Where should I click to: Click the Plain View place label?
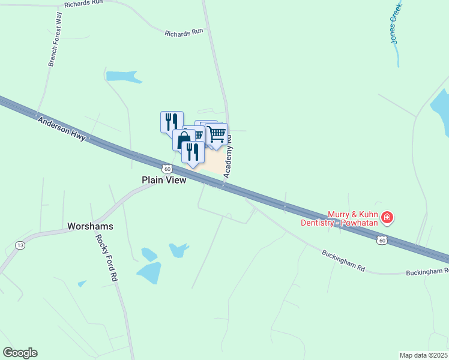tap(164, 179)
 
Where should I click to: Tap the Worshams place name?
tap(91, 227)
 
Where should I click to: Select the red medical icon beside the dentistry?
tap(387, 217)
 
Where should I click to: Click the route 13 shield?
tap(20, 245)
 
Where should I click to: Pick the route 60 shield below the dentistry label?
tap(381, 241)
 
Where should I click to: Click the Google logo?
tap(20, 353)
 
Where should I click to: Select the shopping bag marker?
tap(184, 139)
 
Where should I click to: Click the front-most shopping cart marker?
tap(217, 134)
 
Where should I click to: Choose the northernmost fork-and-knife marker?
tap(172, 121)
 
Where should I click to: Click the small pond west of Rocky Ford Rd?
tap(82, 283)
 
